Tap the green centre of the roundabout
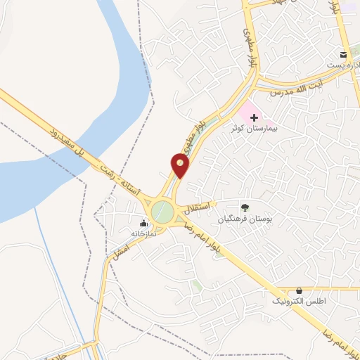pos(162,211)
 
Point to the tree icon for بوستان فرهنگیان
pos(245,207)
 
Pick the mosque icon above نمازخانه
pos(143,223)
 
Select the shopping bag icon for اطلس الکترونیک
pos(300,290)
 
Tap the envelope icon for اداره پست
pos(343,55)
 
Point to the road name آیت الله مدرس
pos(291,89)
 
